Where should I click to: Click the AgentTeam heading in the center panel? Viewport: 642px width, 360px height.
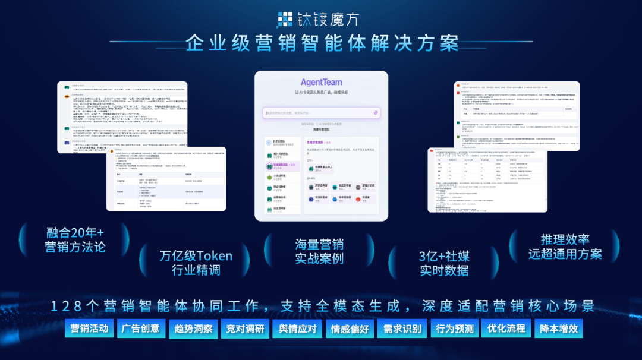(x=321, y=82)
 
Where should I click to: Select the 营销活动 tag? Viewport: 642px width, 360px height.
(x=89, y=329)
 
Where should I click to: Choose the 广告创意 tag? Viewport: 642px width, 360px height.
(x=141, y=329)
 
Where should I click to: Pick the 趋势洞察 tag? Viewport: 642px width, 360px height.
(x=193, y=329)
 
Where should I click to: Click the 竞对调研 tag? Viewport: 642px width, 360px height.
(x=245, y=329)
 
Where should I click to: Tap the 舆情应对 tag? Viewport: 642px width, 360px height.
(x=297, y=329)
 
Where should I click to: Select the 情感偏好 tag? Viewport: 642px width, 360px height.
(x=350, y=329)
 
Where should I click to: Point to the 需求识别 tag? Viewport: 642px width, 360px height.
(x=402, y=329)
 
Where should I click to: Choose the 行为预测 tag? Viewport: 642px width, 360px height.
(x=454, y=329)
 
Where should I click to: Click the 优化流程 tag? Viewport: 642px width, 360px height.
(x=506, y=329)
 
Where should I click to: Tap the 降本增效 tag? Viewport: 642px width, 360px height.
(x=558, y=329)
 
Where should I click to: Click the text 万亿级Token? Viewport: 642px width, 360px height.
(x=196, y=256)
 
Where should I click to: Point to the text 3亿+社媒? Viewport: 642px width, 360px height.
(x=444, y=257)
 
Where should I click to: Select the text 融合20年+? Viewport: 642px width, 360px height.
(x=75, y=232)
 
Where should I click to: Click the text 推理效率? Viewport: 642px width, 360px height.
(x=565, y=239)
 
